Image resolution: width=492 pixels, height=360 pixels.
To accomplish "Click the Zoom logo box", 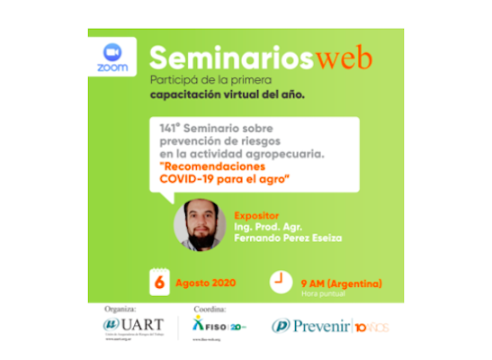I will (x=112, y=57).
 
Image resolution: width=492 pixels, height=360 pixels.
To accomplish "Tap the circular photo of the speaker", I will (x=200, y=224).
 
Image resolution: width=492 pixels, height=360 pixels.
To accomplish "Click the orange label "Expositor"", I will (x=256, y=217).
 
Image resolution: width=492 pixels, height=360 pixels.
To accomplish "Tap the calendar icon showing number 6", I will (x=160, y=282).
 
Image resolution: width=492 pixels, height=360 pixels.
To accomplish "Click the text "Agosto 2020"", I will (x=206, y=283).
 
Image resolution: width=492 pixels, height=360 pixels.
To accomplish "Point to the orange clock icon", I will (x=282, y=279).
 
